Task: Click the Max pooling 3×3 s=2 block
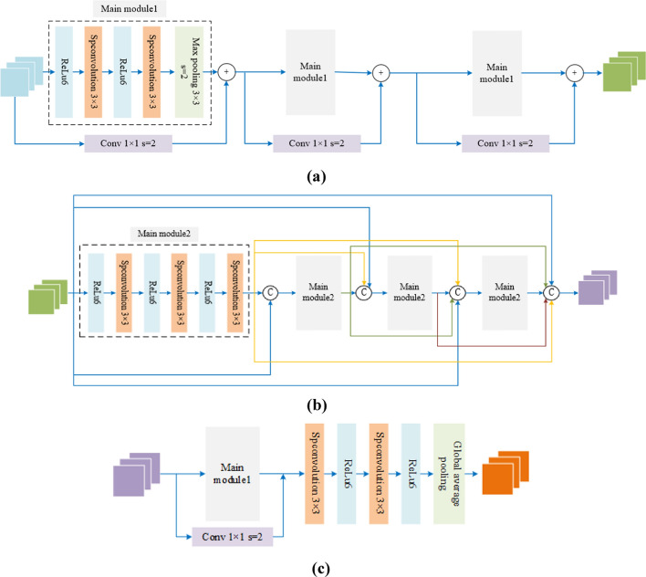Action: pos(193,71)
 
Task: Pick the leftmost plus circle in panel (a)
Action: pos(227,70)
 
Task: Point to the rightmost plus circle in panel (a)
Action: pos(573,70)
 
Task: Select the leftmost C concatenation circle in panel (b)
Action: pos(271,292)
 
